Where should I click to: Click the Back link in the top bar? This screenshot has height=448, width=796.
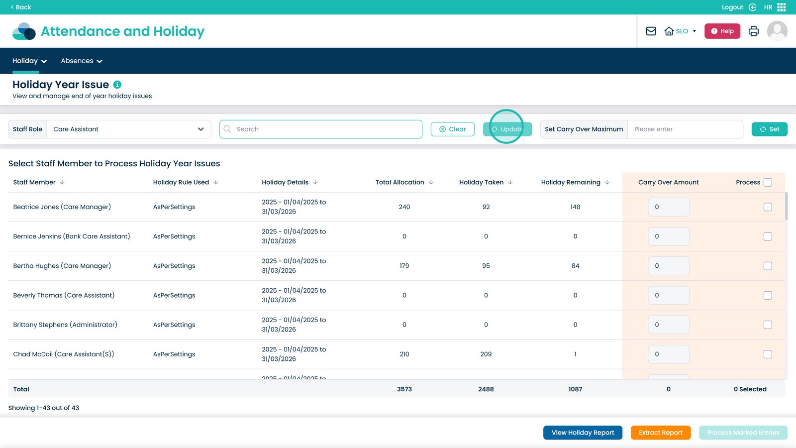pos(21,7)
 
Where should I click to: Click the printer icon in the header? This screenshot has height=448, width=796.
pos(753,31)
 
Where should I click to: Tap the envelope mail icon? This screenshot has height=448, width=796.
pos(651,31)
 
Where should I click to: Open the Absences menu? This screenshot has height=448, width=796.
pos(82,61)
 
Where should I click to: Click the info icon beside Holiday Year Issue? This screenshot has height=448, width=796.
pos(117,85)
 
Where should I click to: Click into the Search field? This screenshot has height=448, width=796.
pos(320,129)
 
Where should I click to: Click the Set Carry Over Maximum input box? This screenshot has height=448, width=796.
pos(685,129)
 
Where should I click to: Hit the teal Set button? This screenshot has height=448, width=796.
pos(769,129)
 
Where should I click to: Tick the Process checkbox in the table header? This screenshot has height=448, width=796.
pos(768,182)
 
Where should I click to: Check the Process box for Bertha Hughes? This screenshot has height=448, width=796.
pos(768,266)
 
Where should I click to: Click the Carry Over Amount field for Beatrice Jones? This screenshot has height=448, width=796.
pos(669,207)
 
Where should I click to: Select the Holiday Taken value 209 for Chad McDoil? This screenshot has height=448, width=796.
pos(486,354)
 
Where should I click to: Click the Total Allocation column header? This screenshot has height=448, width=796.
pos(400,182)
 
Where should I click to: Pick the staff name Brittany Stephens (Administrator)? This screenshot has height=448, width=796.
pos(65,325)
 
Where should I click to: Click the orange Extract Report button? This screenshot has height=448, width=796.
pos(661,433)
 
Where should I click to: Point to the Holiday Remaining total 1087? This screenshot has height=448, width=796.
pos(575,389)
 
